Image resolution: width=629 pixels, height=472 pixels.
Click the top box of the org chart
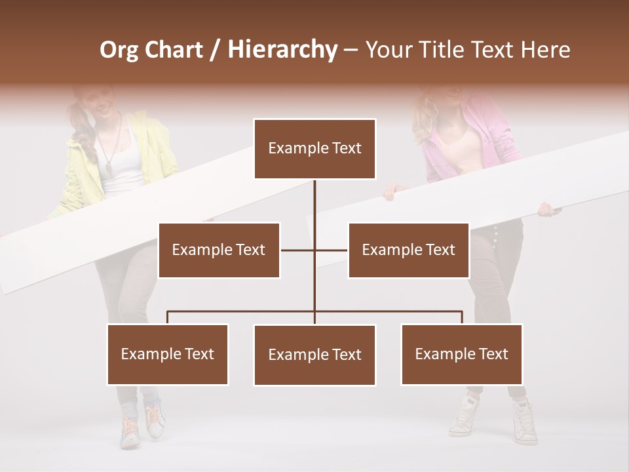tap(314, 149)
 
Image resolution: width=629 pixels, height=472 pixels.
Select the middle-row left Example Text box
tap(219, 250)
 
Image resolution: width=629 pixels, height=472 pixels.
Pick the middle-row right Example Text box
tap(408, 250)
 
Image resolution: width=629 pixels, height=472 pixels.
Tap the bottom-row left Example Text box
tap(168, 354)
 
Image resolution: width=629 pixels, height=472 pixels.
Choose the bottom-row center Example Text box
tap(314, 355)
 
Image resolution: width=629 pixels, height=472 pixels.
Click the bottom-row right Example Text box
tap(461, 354)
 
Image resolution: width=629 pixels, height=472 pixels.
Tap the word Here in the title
tap(545, 50)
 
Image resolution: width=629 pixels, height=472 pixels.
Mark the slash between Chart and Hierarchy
tap(214, 50)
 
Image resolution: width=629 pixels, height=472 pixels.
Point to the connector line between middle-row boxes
tap(314, 250)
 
